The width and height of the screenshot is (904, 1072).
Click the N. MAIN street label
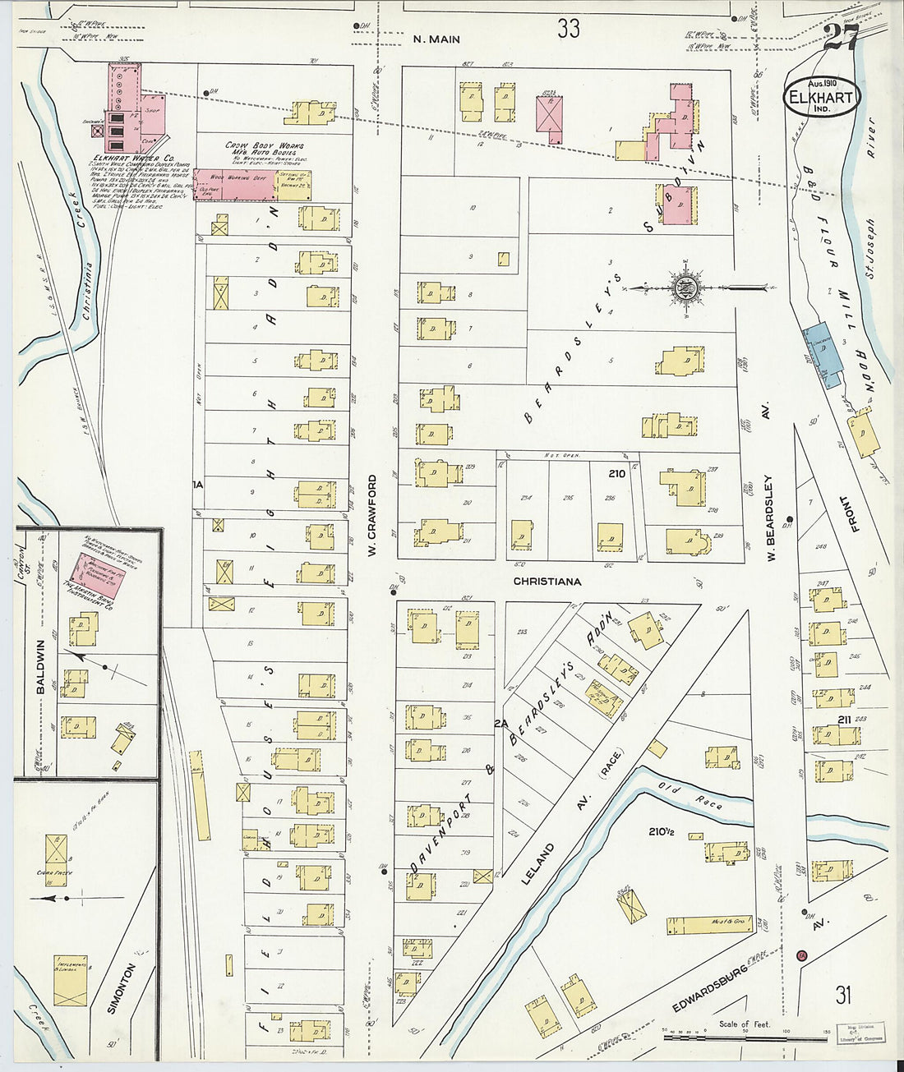[x=436, y=39]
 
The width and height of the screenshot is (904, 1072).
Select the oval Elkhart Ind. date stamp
[x=821, y=96]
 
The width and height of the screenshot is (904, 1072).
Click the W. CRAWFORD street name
[x=371, y=513]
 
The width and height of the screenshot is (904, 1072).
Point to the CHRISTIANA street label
[x=547, y=582]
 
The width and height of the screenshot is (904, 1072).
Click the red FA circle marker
[x=801, y=954]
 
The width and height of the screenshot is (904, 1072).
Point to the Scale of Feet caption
[x=745, y=1024]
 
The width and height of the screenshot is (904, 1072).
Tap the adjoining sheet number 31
[x=843, y=996]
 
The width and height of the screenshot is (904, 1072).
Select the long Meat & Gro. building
[x=709, y=924]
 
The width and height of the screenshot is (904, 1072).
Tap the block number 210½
[x=663, y=830]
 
